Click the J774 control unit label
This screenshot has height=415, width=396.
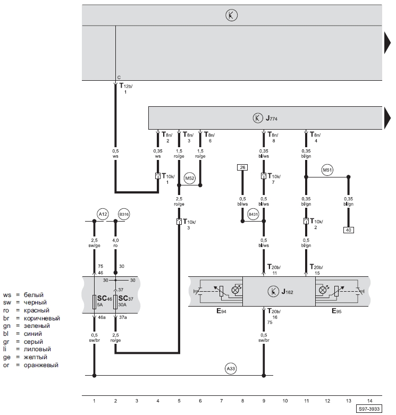tap(272, 118)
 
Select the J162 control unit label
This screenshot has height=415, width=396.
tap(287, 292)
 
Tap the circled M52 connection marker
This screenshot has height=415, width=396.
tap(190, 178)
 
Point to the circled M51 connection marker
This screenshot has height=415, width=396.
tap(327, 170)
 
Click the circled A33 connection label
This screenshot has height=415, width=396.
tap(231, 368)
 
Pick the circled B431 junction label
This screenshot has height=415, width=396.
tap(253, 214)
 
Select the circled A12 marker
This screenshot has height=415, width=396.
tap(103, 214)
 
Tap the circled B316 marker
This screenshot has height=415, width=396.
tap(124, 214)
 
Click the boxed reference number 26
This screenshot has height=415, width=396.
tap(242, 167)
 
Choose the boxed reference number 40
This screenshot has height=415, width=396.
tap(349, 230)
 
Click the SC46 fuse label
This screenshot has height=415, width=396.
tap(105, 299)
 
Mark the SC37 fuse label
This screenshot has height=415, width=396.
tap(126, 299)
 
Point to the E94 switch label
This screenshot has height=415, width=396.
tap(221, 311)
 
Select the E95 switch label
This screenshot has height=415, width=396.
tap(336, 311)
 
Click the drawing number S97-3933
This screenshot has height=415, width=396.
tap(369, 409)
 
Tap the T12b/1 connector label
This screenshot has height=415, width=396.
tap(126, 88)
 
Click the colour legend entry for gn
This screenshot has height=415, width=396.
tap(27, 326)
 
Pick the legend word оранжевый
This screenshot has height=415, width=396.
tap(41, 365)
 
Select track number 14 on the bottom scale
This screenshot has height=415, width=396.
tap(370, 401)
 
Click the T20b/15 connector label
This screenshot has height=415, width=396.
tap(316, 270)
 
